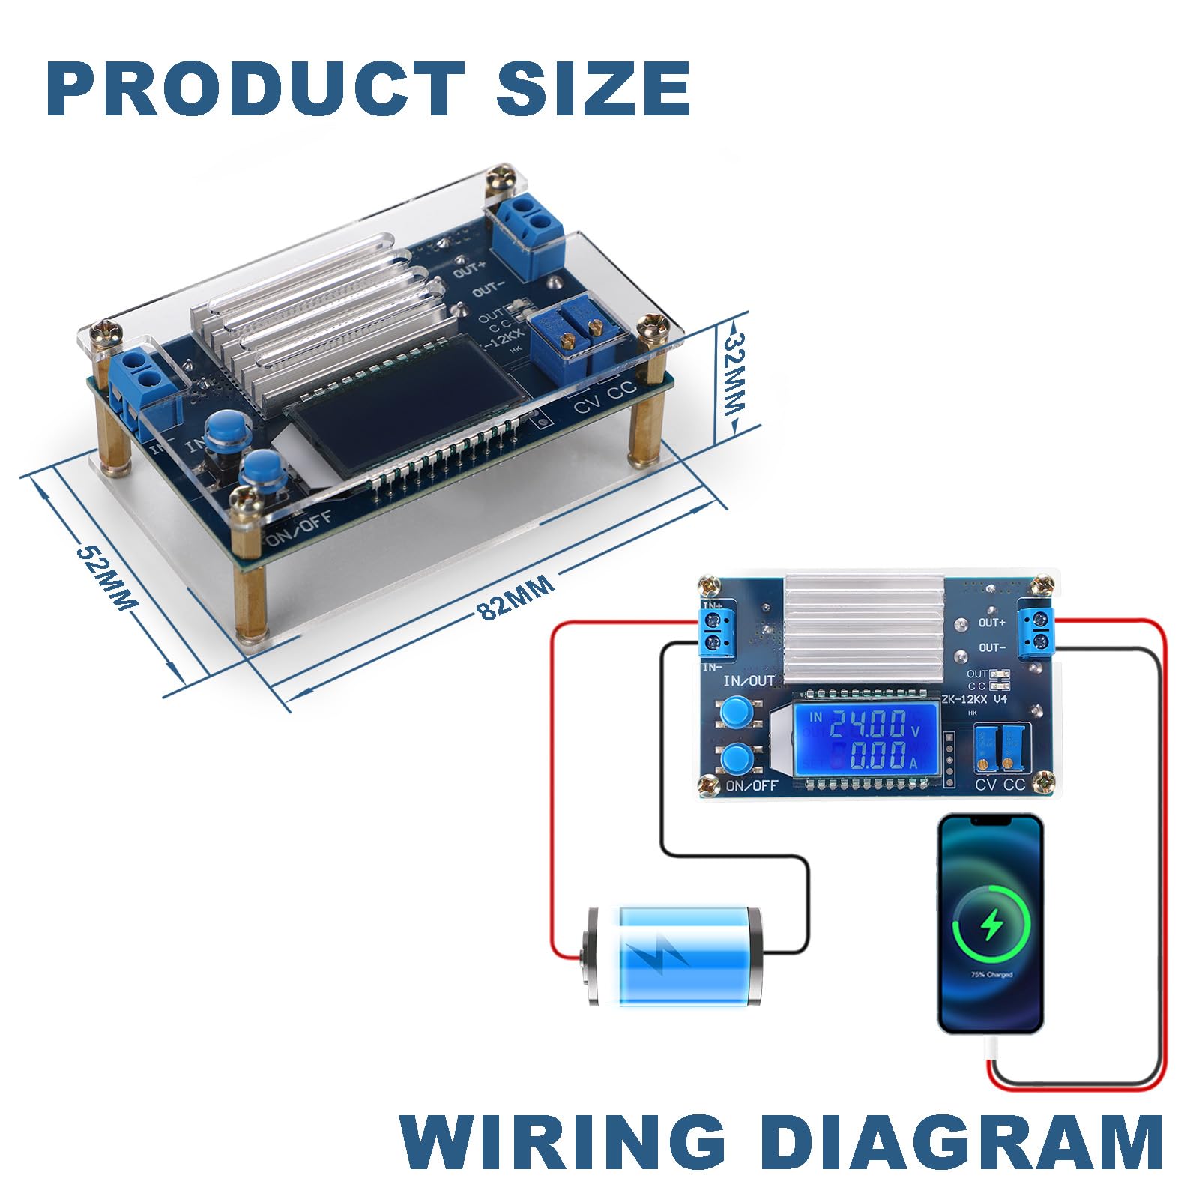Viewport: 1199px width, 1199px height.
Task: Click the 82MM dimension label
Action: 516,597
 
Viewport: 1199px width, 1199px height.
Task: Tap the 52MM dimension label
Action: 106,576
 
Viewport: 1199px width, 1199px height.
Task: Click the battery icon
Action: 672,955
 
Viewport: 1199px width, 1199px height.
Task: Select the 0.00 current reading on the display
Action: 877,758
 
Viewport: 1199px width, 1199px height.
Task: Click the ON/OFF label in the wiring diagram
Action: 752,785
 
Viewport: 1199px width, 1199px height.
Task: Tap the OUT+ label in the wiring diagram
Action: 991,623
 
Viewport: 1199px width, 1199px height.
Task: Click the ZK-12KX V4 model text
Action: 975,699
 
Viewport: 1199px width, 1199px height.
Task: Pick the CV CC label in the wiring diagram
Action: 1000,785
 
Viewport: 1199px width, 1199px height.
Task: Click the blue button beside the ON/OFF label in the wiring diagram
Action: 737,759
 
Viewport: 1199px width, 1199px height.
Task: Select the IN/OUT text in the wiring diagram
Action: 748,681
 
